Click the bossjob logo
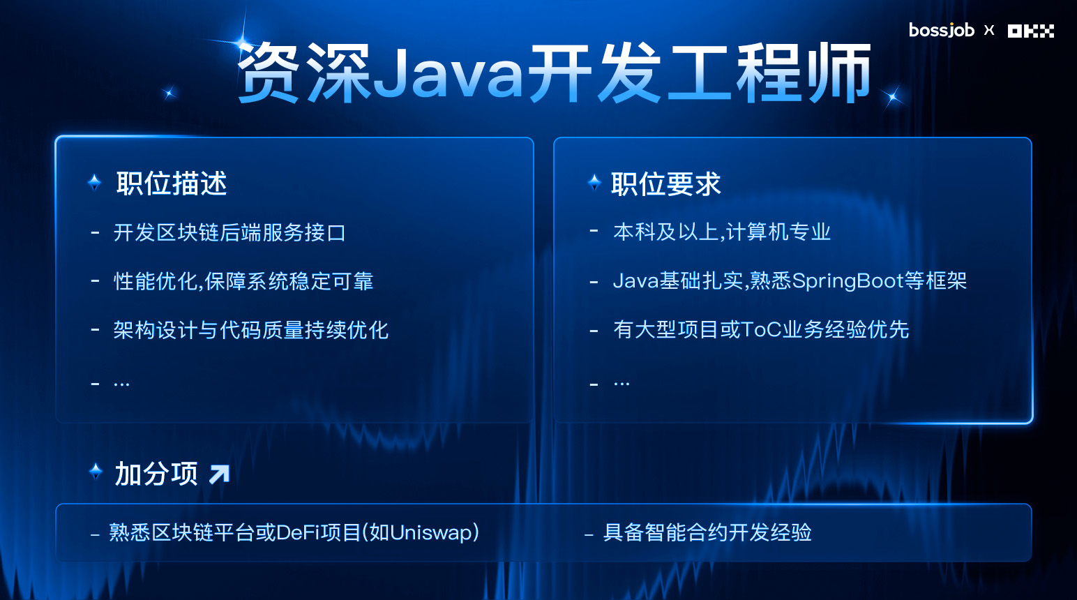coord(942,30)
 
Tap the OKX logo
coord(1031,31)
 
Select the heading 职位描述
coord(171,183)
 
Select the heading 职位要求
coord(666,183)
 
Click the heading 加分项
coord(156,474)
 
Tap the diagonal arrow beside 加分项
coord(219,474)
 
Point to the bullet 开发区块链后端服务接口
coord(229,233)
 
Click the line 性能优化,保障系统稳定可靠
coord(243,281)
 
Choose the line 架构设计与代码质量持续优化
coord(251,330)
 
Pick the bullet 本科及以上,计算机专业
coord(722,232)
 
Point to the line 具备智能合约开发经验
coord(707,533)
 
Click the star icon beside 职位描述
coord(95,183)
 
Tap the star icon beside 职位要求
coord(595,183)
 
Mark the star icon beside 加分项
coord(96,471)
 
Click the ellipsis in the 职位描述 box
coord(121,384)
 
